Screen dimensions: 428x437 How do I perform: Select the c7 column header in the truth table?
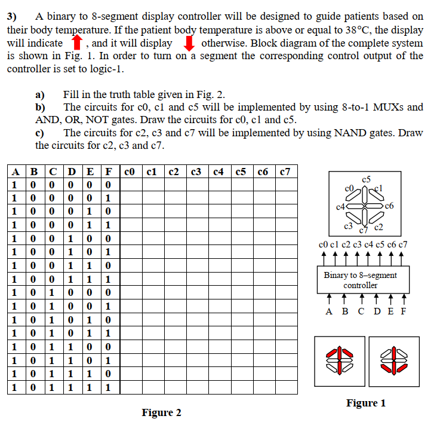[x=285, y=172]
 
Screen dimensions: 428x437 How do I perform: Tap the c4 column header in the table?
[x=220, y=172]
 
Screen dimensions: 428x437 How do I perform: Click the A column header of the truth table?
[x=14, y=172]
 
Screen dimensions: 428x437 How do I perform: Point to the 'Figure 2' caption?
[x=161, y=412]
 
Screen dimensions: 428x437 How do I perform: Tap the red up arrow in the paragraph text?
[x=76, y=44]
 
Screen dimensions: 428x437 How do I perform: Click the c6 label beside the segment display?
[x=390, y=206]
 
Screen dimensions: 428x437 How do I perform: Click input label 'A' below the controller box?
[x=328, y=311]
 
